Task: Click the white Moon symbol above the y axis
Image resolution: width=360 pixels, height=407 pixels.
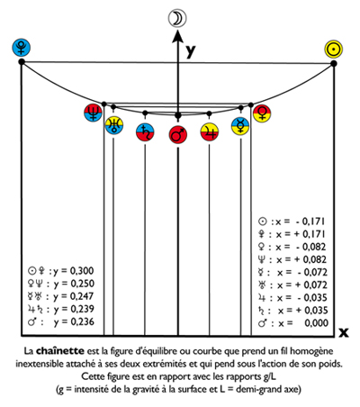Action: [x=177, y=18]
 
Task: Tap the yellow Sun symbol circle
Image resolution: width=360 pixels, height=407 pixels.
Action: [x=333, y=50]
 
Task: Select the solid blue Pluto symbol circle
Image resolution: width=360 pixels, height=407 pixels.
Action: [x=22, y=48]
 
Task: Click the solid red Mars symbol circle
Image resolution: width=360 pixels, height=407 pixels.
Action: [x=178, y=135]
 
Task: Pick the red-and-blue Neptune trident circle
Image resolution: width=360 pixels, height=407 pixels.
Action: [x=94, y=113]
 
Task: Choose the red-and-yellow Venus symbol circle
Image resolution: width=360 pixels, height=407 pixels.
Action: [x=262, y=113]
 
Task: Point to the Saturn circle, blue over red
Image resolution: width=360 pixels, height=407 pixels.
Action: [x=145, y=132]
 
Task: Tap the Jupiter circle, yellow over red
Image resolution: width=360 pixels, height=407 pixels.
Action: [x=210, y=132]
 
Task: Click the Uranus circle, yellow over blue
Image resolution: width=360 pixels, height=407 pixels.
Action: [x=114, y=125]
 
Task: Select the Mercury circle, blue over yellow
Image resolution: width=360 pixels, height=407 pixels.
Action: [x=240, y=126]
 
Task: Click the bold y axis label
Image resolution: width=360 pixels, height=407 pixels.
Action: [x=191, y=51]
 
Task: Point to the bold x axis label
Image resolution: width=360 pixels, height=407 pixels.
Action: [x=344, y=332]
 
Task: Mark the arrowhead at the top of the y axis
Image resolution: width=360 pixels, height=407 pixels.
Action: [x=178, y=36]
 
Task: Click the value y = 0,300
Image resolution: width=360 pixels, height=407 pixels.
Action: [x=74, y=271]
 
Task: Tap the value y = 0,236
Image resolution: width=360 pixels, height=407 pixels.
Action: [x=74, y=322]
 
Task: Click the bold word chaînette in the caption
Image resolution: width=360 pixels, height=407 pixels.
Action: [x=60, y=350]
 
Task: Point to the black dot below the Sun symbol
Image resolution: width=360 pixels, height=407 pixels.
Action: [x=334, y=63]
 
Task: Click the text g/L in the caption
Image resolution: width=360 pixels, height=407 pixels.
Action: [x=269, y=377]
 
